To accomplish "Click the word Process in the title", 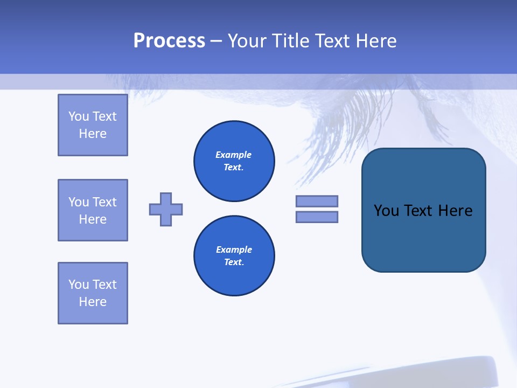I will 169,41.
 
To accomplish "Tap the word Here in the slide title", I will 375,41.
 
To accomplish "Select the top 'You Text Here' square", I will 93,125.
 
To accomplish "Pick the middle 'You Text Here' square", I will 93,210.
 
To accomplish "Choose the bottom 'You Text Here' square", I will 93,293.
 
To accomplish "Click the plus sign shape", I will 166,209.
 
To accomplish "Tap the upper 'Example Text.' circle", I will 234,161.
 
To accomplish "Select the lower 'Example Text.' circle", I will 234,256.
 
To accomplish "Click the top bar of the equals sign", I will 317,201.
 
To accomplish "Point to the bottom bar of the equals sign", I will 317,217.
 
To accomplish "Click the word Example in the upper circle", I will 234,155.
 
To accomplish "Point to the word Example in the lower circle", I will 234,250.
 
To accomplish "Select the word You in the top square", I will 79,116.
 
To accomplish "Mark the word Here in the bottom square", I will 93,302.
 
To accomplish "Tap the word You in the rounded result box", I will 386,211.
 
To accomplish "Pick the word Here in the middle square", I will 93,219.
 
